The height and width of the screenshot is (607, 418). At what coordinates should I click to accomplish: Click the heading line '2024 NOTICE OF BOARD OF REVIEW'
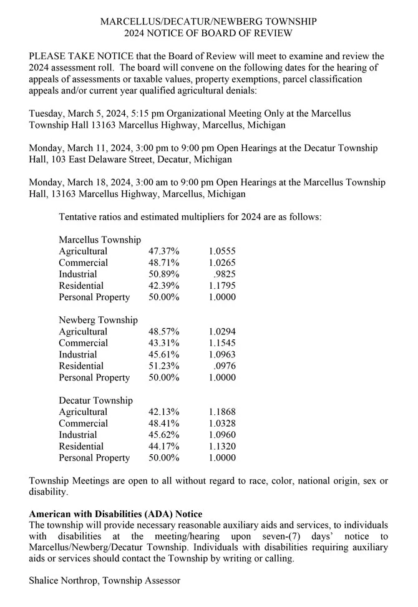click(x=208, y=33)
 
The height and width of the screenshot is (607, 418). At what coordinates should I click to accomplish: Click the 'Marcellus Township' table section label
click(x=99, y=240)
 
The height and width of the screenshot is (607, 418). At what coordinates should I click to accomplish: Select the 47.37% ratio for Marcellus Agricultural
click(x=164, y=251)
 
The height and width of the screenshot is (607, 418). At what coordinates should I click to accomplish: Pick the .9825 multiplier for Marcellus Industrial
click(x=224, y=274)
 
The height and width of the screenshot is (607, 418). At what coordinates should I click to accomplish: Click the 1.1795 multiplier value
click(x=222, y=286)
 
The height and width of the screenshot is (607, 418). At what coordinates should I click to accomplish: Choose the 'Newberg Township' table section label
click(x=98, y=319)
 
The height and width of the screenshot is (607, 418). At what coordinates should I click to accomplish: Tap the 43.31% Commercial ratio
click(x=164, y=342)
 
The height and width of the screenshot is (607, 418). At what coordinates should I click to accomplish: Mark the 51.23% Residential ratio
click(x=164, y=366)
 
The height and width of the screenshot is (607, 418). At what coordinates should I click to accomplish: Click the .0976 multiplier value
click(x=224, y=366)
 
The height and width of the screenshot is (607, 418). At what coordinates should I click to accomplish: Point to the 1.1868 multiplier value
click(x=222, y=412)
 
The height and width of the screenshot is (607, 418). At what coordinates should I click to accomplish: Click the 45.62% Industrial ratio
click(x=164, y=434)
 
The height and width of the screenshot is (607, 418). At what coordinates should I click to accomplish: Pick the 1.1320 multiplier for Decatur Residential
click(x=222, y=446)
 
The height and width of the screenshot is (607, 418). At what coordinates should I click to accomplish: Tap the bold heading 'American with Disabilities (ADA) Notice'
click(x=115, y=514)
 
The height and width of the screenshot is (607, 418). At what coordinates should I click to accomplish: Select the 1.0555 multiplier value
click(x=222, y=251)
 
